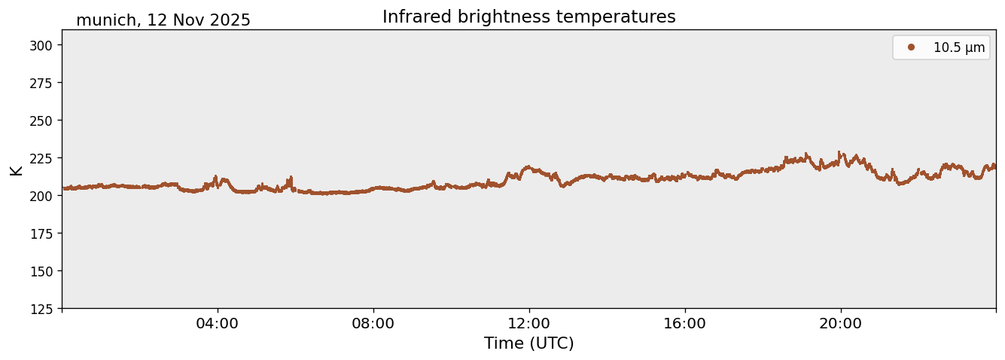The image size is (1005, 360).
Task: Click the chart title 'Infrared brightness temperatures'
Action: click(x=528, y=17)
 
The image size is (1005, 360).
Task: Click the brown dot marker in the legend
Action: click(x=911, y=47)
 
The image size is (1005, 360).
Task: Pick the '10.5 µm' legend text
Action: click(x=958, y=47)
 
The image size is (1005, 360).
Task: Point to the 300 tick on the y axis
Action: click(x=45, y=45)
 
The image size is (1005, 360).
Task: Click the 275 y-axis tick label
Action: click(x=45, y=83)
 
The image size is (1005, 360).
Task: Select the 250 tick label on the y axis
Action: click(x=45, y=121)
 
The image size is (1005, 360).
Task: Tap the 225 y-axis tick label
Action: click(x=45, y=158)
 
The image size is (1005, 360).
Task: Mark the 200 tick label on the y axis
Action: click(x=45, y=196)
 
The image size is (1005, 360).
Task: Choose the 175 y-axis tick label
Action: click(x=45, y=233)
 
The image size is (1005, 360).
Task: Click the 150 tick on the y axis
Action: click(x=45, y=271)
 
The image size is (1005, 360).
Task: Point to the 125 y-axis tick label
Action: click(x=45, y=309)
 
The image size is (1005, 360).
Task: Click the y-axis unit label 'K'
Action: click(x=16, y=169)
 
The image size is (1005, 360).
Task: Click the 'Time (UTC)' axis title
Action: click(x=528, y=343)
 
